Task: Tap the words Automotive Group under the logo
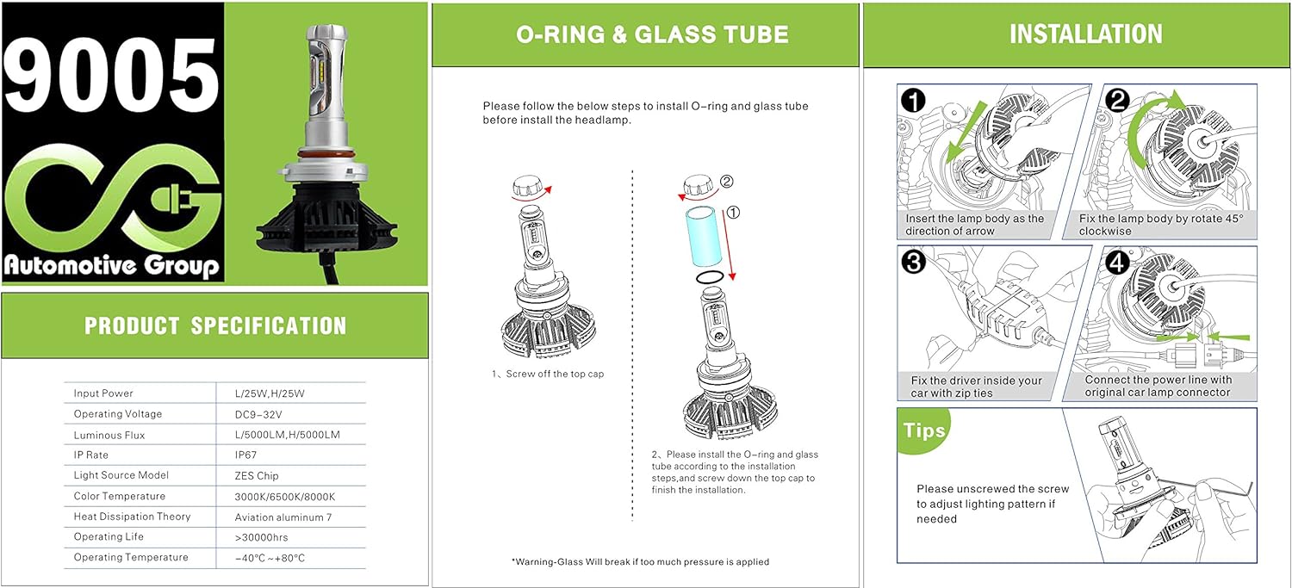(x=112, y=264)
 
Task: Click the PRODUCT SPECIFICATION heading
(x=215, y=326)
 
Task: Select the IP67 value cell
(x=248, y=455)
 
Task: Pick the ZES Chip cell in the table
(x=257, y=475)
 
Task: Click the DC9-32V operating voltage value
(x=258, y=414)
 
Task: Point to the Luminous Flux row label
(x=109, y=435)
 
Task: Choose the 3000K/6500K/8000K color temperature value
(x=285, y=497)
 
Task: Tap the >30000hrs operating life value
(x=262, y=537)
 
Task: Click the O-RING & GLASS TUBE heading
(x=652, y=34)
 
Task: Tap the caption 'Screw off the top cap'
(x=548, y=374)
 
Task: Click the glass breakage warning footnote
(x=640, y=561)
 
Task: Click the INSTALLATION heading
(x=1085, y=34)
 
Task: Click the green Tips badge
(x=925, y=430)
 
